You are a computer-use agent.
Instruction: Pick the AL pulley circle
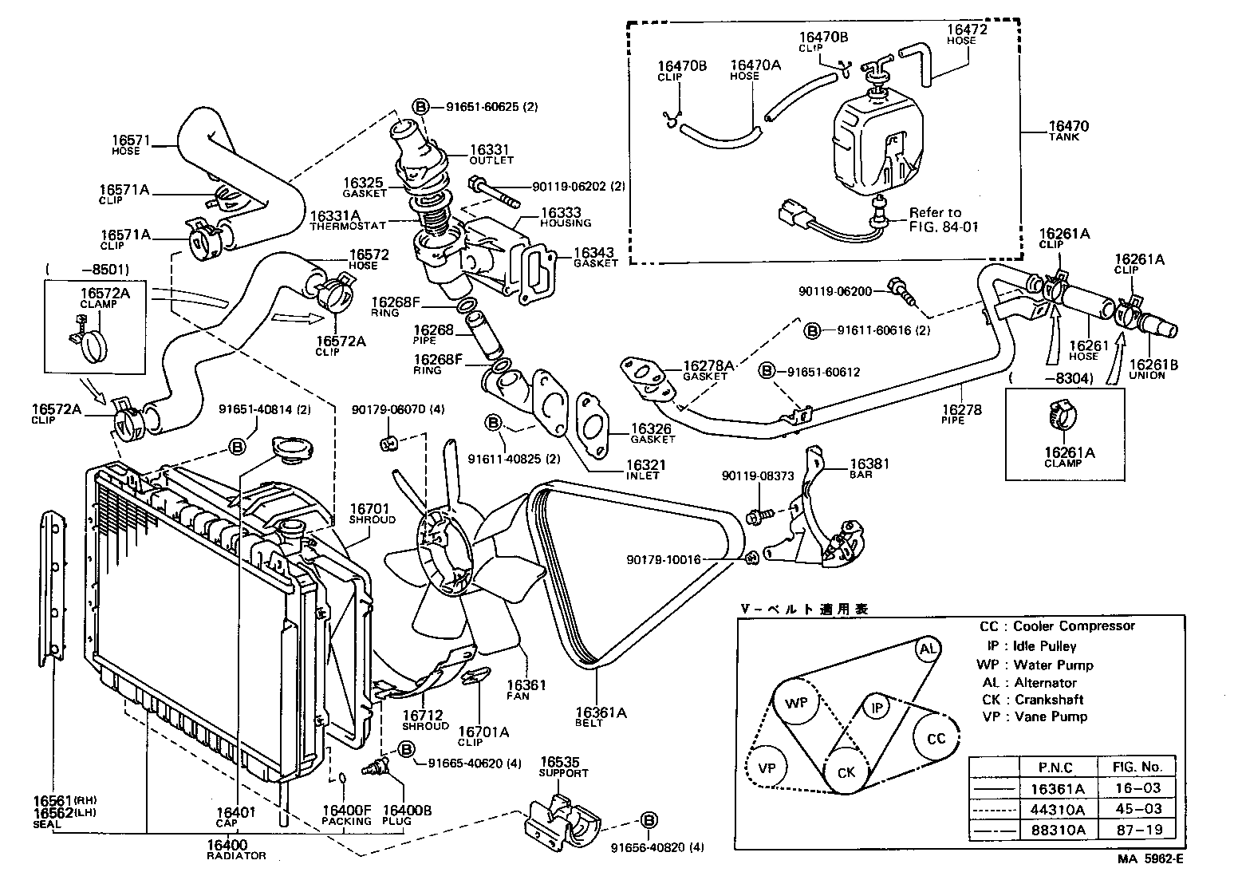click(927, 649)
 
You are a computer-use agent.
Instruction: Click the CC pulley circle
click(936, 738)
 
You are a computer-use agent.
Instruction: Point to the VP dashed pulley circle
click(767, 768)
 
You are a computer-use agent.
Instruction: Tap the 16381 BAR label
click(869, 468)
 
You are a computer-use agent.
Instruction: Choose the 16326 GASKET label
click(653, 433)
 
